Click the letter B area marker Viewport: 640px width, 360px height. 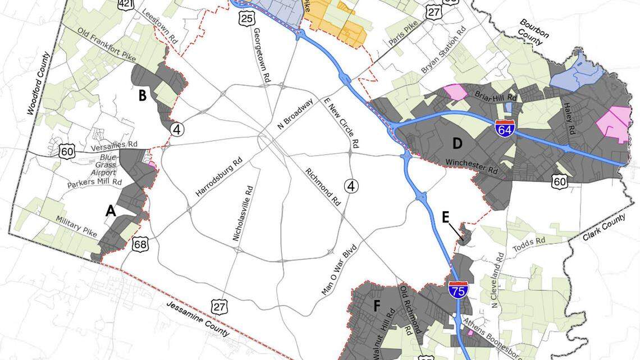[143, 95]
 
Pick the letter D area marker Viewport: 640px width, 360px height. [457, 144]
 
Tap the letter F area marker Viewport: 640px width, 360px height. [377, 306]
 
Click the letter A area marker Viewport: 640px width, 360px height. [111, 211]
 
